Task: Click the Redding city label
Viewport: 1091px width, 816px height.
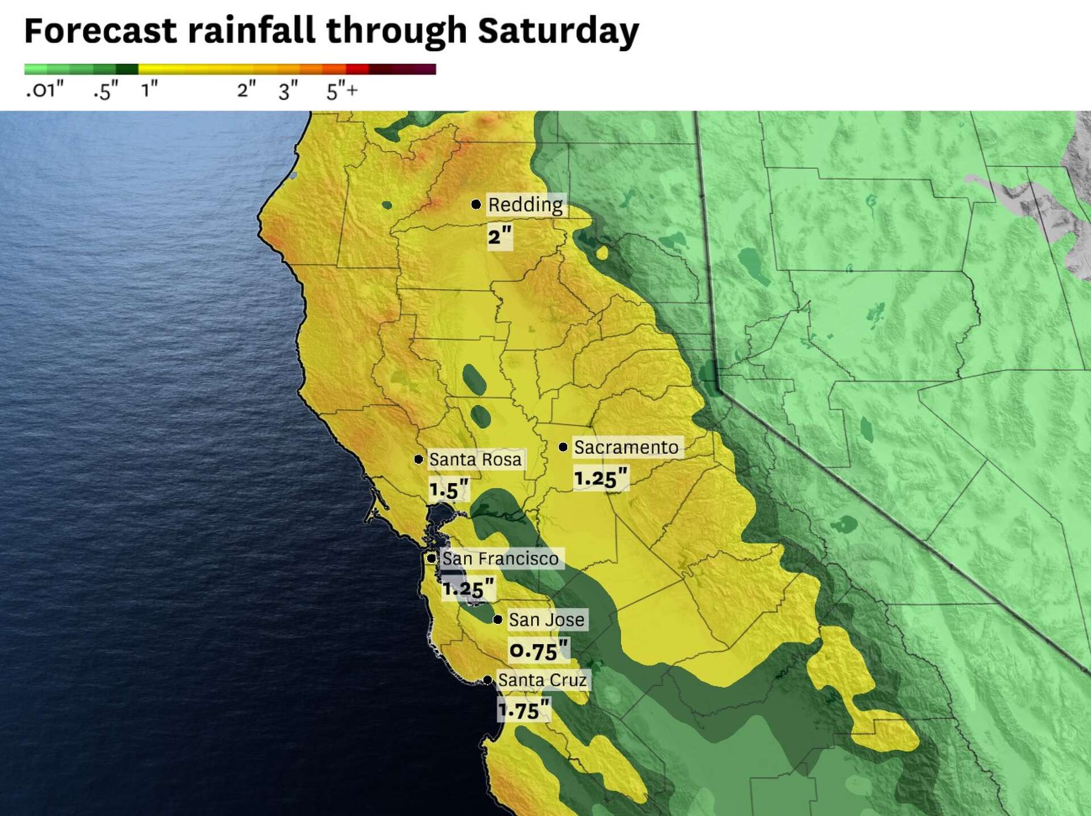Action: (525, 204)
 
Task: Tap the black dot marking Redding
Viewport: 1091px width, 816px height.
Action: (476, 204)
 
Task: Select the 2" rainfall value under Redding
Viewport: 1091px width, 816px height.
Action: (499, 236)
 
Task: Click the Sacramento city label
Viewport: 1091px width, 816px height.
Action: (626, 447)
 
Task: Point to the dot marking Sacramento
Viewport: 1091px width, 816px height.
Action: (563, 447)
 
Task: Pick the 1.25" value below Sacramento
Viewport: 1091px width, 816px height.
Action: (601, 478)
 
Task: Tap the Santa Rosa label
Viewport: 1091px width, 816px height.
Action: (475, 459)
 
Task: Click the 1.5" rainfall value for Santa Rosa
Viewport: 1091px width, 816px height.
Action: (449, 489)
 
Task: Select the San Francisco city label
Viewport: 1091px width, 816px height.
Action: (500, 559)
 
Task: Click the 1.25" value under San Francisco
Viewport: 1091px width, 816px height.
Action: (468, 588)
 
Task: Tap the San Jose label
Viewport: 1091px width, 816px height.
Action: (546, 620)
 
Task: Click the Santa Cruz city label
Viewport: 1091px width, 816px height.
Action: (542, 680)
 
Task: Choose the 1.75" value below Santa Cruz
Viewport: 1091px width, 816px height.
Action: (524, 710)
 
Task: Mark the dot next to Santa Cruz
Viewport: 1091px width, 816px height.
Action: (488, 680)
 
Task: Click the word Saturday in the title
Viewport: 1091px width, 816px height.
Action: (558, 31)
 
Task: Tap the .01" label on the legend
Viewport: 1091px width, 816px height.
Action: (44, 90)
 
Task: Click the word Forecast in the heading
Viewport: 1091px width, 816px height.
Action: (100, 31)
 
